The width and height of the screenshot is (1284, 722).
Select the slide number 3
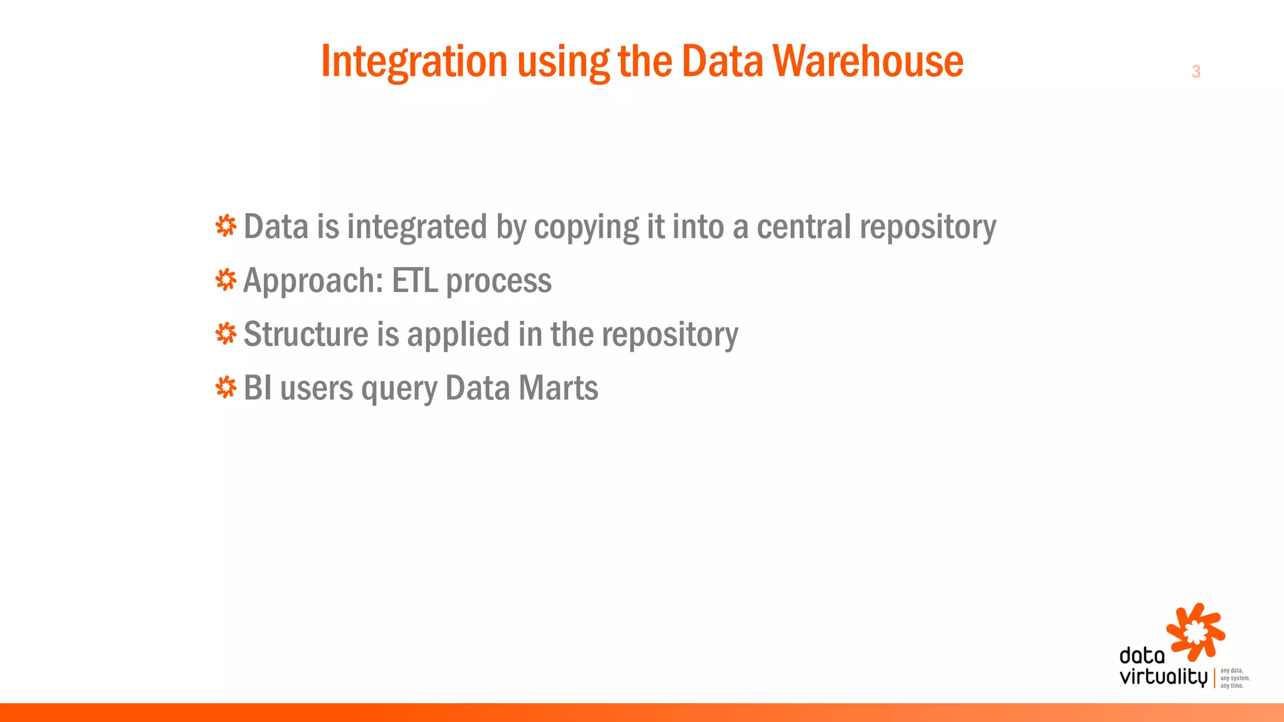point(1196,71)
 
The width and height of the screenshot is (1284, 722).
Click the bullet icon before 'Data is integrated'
point(226,226)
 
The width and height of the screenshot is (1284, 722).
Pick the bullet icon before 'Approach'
point(226,280)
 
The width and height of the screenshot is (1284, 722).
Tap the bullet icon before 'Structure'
point(226,333)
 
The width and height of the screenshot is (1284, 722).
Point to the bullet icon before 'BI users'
point(226,387)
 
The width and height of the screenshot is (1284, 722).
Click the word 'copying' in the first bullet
point(586,227)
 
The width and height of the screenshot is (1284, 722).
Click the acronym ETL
point(414,280)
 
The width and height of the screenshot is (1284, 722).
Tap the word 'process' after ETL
point(499,281)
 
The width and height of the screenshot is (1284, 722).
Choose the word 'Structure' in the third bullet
point(305,334)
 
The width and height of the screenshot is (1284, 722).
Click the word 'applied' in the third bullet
point(458,335)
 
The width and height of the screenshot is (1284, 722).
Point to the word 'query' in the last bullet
point(399,389)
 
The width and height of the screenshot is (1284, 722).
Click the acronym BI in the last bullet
point(257,388)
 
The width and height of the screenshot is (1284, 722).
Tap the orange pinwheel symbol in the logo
point(1195,632)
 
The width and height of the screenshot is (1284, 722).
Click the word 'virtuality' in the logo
point(1163,678)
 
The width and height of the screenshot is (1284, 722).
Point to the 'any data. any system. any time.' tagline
point(1234,678)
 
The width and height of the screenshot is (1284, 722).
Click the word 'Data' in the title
point(722,61)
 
